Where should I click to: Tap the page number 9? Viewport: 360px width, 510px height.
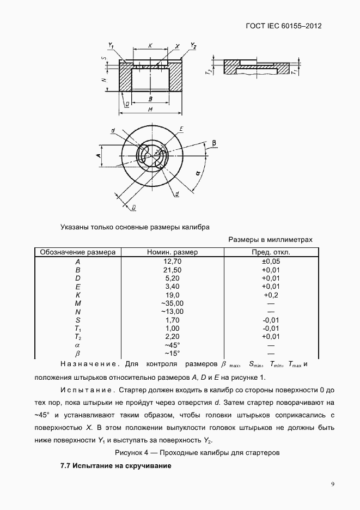tap(333, 483)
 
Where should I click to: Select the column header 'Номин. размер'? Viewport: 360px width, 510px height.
tap(173, 252)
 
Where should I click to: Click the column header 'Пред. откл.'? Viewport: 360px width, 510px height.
tap(270, 252)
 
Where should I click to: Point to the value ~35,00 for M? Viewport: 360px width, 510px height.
tap(173, 303)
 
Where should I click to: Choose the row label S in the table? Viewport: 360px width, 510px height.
tap(78, 320)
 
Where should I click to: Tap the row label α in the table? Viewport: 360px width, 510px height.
tap(78, 345)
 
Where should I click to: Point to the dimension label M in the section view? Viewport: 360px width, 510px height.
tap(150, 110)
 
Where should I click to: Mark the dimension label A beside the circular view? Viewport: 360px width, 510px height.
tap(99, 156)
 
